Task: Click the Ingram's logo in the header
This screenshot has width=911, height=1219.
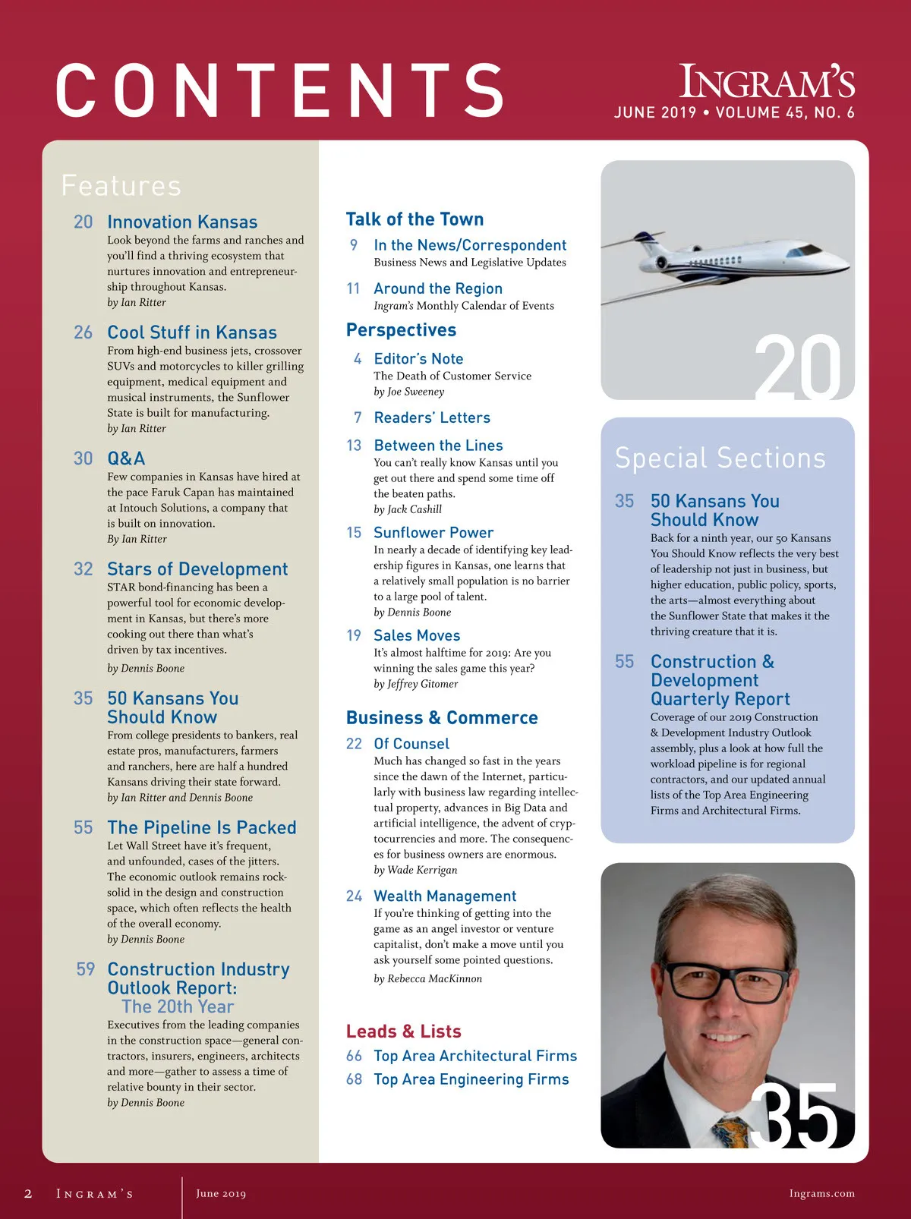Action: [x=767, y=82]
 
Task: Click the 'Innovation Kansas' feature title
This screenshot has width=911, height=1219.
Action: [x=182, y=222]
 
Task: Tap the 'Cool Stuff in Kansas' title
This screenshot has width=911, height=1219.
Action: [x=192, y=332]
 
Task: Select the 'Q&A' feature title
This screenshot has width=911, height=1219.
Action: [x=126, y=458]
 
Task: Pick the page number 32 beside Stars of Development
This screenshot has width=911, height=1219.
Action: [x=84, y=569]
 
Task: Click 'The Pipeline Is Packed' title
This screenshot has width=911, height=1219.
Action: [x=202, y=827]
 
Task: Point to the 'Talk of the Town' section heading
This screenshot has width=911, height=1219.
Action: [x=415, y=219]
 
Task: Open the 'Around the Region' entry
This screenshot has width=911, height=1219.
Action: [x=438, y=288]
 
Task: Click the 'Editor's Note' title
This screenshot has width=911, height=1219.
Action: [x=418, y=359]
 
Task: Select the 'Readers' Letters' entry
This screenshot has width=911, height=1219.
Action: [x=432, y=417]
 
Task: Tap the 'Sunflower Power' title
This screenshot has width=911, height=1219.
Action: [x=433, y=533]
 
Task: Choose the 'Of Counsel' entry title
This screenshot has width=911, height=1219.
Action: [x=411, y=744]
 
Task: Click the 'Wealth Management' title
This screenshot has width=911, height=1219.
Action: [x=445, y=896]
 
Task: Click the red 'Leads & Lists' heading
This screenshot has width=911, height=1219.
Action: [x=404, y=1032]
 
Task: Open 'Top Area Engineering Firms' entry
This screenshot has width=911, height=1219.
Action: [x=471, y=1079]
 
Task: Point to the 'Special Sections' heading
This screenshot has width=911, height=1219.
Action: [x=720, y=458]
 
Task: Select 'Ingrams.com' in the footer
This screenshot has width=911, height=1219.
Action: [x=821, y=1193]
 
